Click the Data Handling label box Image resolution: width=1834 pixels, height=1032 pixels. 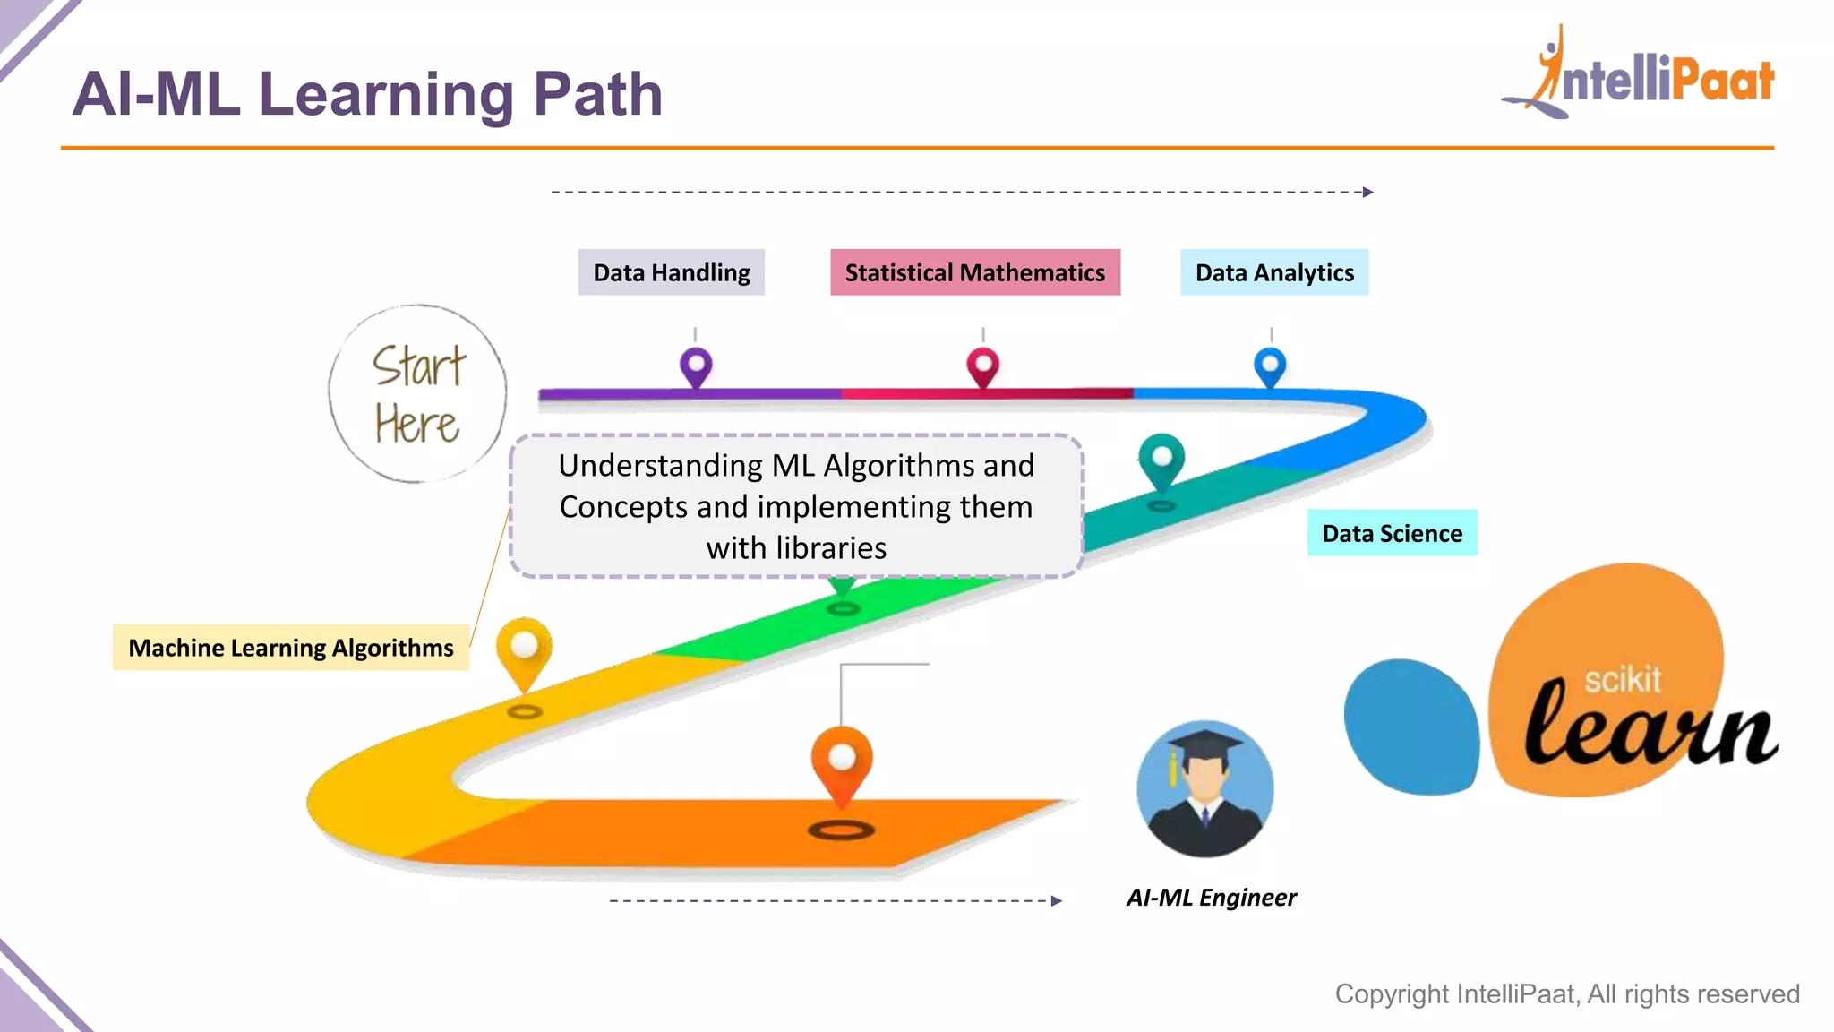coord(671,272)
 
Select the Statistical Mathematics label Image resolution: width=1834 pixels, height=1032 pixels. coord(974,272)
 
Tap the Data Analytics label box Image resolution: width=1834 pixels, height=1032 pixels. coord(1273,272)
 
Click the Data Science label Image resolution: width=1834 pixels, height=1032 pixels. coord(1392,533)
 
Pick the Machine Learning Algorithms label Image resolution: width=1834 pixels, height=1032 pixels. coord(290,648)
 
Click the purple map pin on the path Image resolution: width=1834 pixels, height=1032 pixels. coord(696,365)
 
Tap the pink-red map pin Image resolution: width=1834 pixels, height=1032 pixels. coord(982,365)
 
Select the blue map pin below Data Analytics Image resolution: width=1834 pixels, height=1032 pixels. coord(1270,365)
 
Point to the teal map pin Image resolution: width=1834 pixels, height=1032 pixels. coord(1161,459)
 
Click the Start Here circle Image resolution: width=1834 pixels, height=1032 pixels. coord(417,394)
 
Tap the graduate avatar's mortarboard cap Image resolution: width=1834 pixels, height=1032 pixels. coord(1204,744)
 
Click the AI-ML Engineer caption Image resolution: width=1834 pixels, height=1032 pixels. coord(1211,898)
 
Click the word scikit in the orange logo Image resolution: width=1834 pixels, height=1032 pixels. coord(1622,680)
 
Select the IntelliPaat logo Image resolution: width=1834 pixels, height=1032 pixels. coord(1639,76)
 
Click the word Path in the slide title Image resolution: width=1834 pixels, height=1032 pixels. coord(597,94)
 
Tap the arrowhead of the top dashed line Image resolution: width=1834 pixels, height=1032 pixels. coord(1368,192)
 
